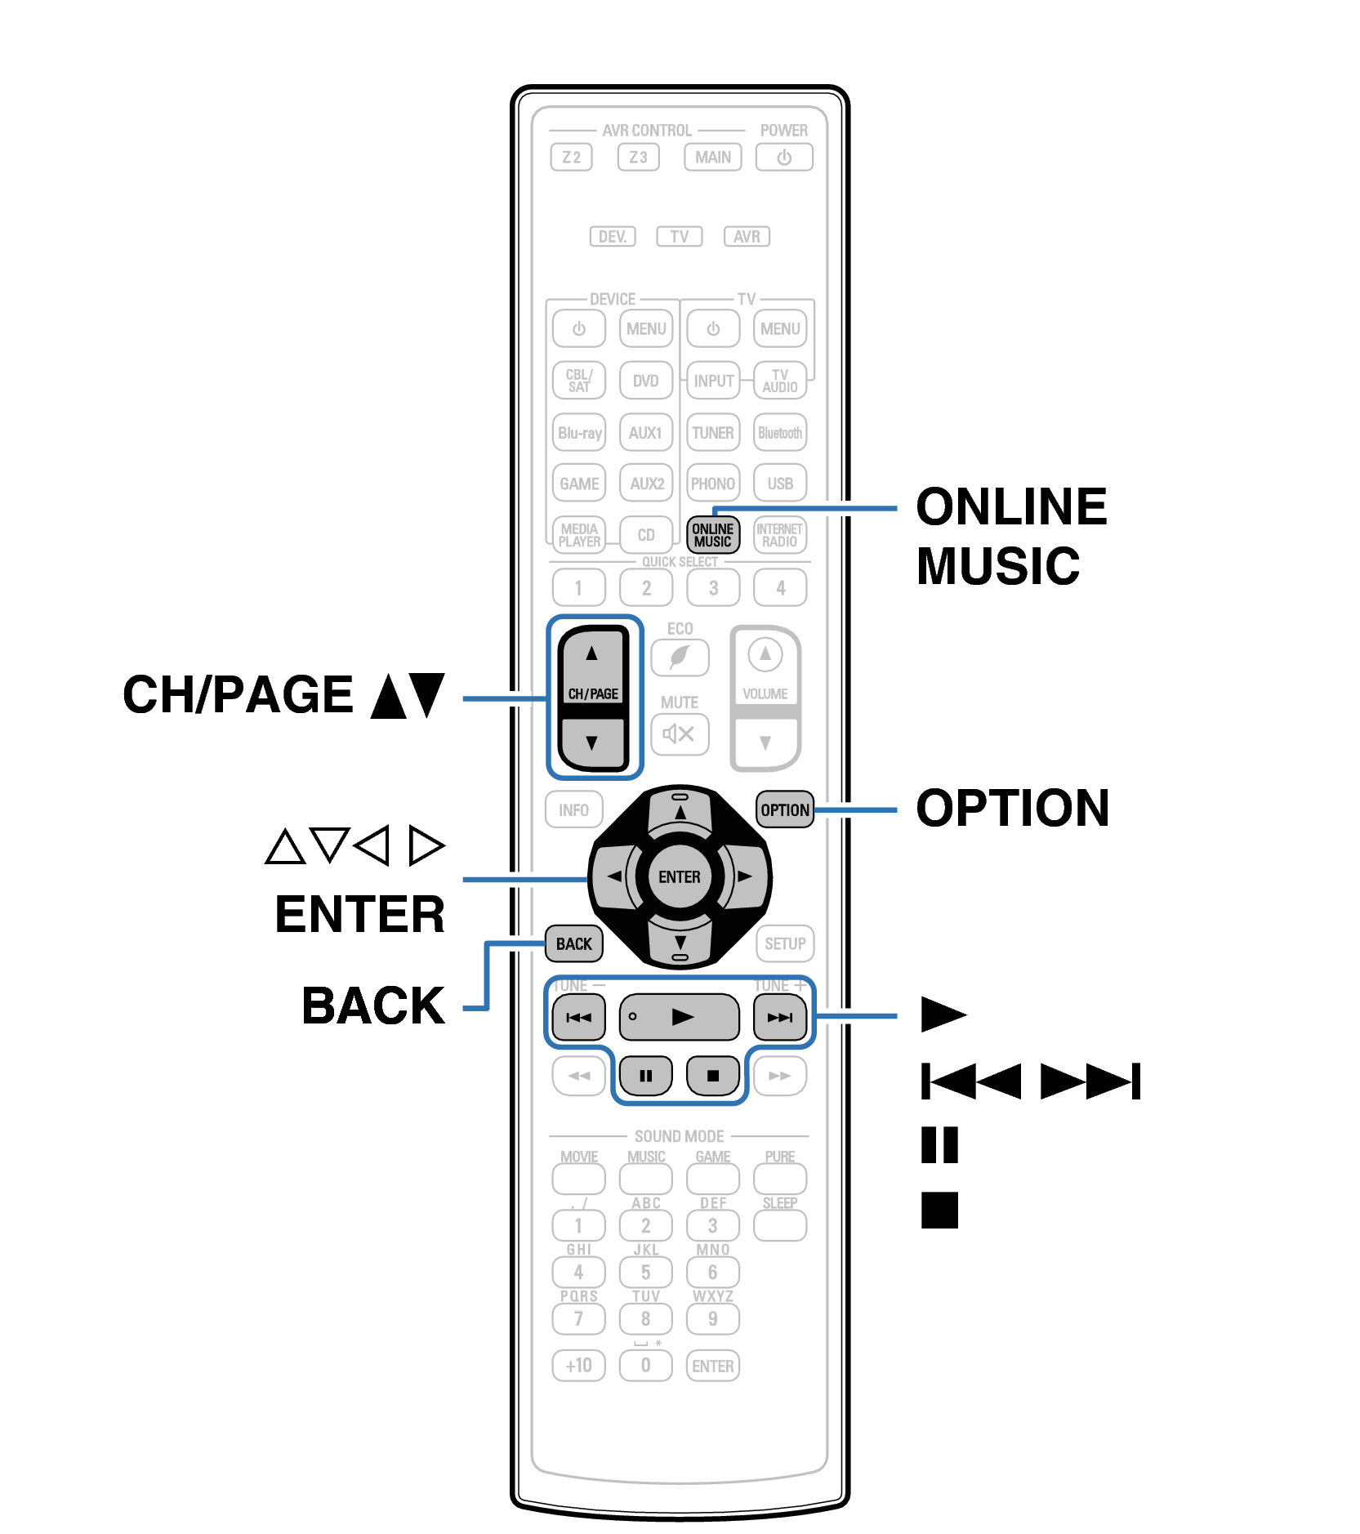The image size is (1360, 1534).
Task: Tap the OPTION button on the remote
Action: coord(784,809)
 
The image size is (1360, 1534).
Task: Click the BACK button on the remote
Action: coord(573,943)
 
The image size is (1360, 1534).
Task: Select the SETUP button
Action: coord(784,943)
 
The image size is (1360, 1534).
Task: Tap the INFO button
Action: coord(573,809)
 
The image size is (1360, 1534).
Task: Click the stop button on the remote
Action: coord(712,1075)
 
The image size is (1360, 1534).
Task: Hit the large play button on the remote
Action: coord(679,1017)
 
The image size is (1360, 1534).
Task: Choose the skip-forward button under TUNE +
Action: coord(779,1017)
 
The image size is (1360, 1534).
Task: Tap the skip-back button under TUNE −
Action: coord(578,1017)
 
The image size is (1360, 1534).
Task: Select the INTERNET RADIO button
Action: coord(779,535)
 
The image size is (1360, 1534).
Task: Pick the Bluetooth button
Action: coord(779,433)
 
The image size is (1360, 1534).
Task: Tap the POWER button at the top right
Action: coord(783,157)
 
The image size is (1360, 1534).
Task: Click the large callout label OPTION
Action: coord(1012,808)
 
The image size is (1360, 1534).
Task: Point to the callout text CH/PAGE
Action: coord(238,694)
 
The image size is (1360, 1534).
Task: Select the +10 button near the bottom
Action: coord(578,1365)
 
